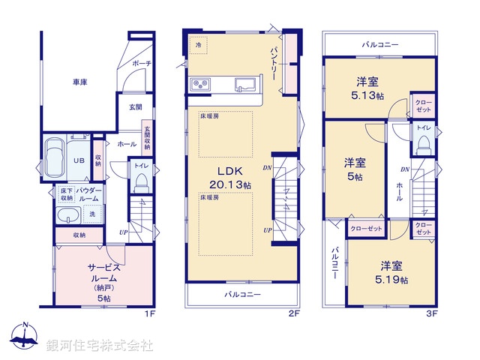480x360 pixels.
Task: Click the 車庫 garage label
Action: (79, 82)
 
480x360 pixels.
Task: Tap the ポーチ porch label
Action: (142, 64)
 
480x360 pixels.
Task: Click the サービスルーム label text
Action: (103, 271)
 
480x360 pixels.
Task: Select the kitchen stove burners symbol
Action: (201, 83)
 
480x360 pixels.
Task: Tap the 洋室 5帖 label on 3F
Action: (355, 169)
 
